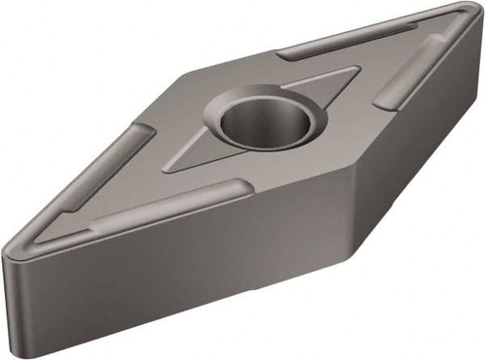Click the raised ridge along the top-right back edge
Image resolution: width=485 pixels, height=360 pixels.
pyautogui.click(x=339, y=40)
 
